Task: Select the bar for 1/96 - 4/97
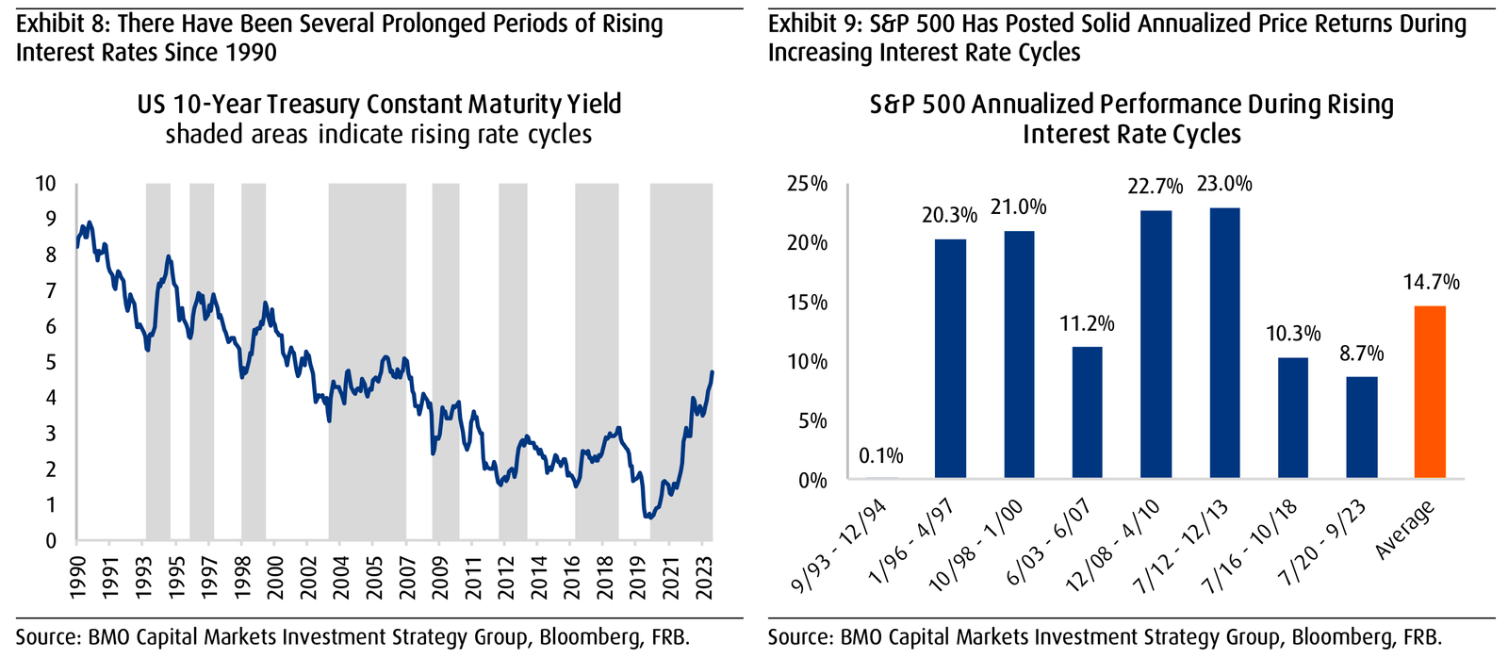[x=950, y=359]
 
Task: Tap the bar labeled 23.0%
[x=1224, y=343]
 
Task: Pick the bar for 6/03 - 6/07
[x=1087, y=413]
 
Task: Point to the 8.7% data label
[x=1361, y=354]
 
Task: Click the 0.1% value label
[x=881, y=456]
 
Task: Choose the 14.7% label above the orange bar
[x=1430, y=282]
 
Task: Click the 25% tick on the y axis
[x=807, y=184]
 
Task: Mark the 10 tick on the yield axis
[x=45, y=184]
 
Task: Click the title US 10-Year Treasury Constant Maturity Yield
[x=379, y=104]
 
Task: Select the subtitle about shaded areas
[x=379, y=135]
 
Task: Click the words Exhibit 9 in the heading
[x=809, y=24]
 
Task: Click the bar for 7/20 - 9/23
[x=1361, y=428]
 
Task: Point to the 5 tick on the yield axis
[x=50, y=363]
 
